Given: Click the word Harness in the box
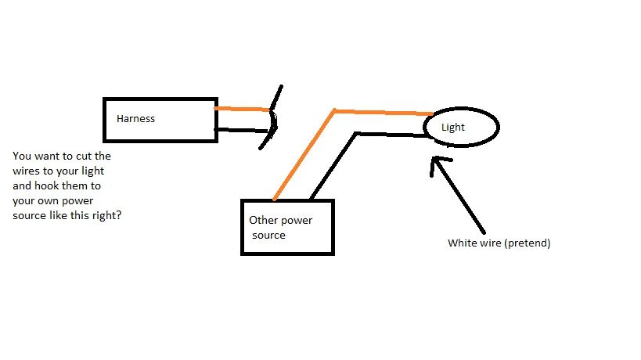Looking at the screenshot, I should [x=135, y=119].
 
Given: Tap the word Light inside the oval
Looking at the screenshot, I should [x=453, y=127].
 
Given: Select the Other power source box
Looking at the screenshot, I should [x=287, y=227].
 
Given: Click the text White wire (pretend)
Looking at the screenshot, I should [x=499, y=243].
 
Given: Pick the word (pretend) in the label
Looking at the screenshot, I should [x=528, y=243].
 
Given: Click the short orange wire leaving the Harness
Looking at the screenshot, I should [x=243, y=109].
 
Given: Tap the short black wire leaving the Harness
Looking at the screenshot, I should [x=243, y=130].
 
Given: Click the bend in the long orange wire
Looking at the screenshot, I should [x=334, y=110].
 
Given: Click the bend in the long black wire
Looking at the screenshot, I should [x=356, y=133].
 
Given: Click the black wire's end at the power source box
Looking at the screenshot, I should [x=311, y=197].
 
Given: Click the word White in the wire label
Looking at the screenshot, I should [x=461, y=243].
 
